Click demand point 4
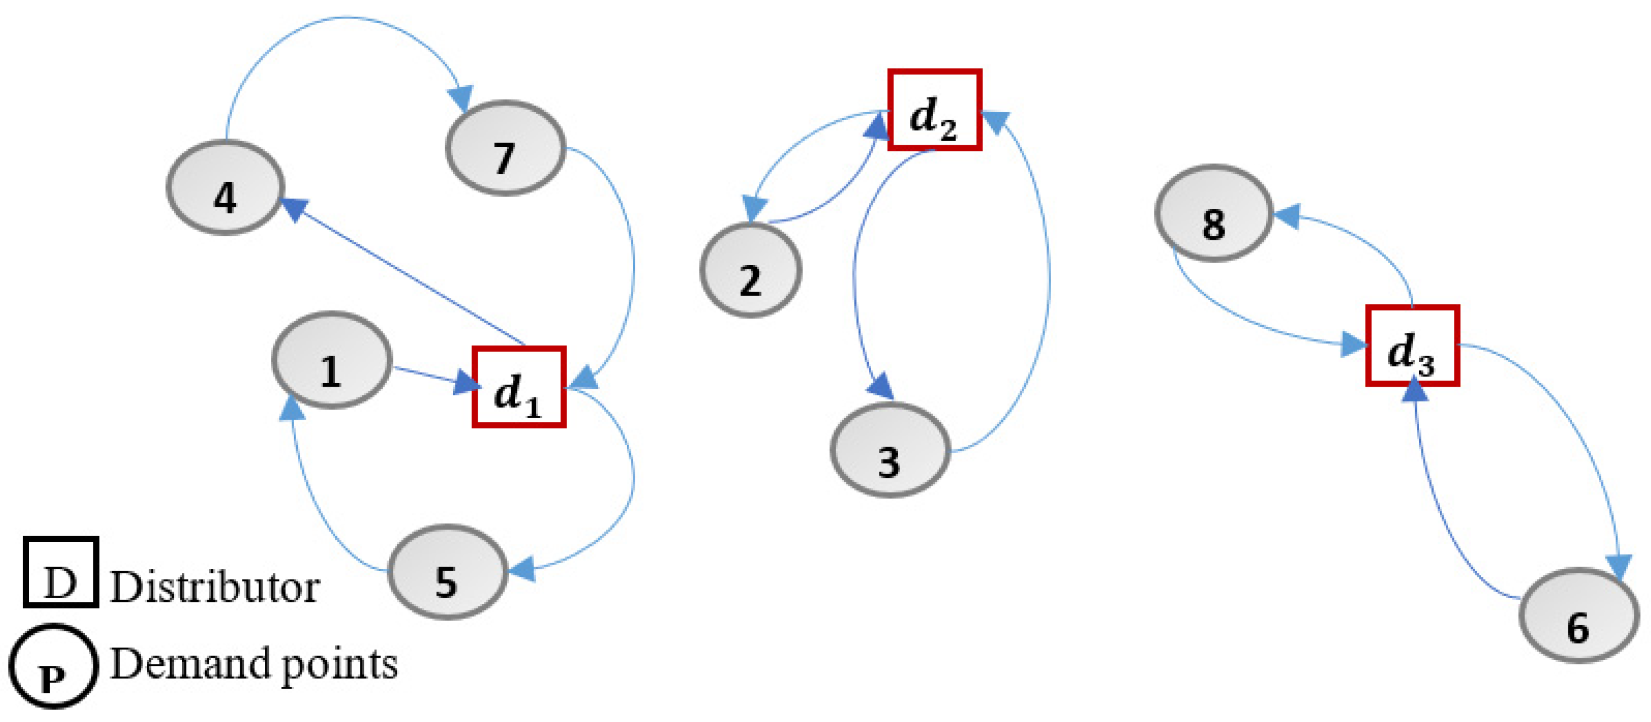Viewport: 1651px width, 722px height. pyautogui.click(x=225, y=187)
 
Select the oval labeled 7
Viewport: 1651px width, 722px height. pyautogui.click(x=505, y=148)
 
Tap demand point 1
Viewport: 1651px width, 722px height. pyautogui.click(x=331, y=360)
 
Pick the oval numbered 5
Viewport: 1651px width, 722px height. pyautogui.click(x=448, y=572)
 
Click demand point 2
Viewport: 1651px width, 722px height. pyautogui.click(x=750, y=270)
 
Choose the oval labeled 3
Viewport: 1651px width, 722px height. pyautogui.click(x=889, y=450)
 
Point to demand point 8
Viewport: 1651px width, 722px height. pyautogui.click(x=1214, y=213)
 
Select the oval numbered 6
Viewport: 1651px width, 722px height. pyautogui.click(x=1578, y=616)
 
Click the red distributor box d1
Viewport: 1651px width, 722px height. pyautogui.click(x=519, y=387)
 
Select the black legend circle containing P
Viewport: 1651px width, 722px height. pyautogui.click(x=53, y=667)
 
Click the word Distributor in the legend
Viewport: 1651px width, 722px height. pyautogui.click(x=215, y=587)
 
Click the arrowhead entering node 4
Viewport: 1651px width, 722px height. pyautogui.click(x=293, y=208)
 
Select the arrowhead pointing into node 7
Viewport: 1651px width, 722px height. pyautogui.click(x=461, y=97)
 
